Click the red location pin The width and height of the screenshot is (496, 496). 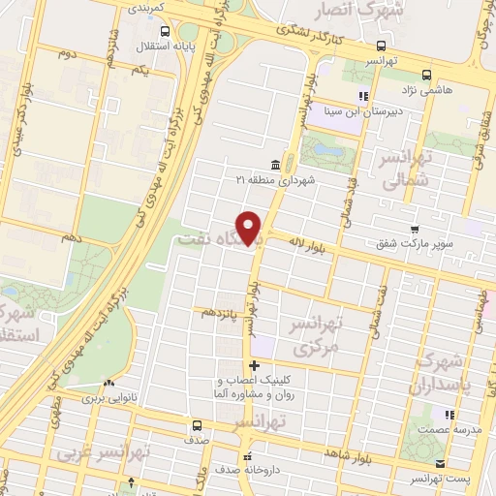coord(251,228)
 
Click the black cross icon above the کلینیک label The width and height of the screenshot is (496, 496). coord(254,365)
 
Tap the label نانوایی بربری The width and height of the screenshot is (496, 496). coord(104,397)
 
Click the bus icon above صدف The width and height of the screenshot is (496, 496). coord(198,424)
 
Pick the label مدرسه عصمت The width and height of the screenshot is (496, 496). coord(445,429)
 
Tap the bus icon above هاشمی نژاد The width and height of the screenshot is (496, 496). coord(427,72)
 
